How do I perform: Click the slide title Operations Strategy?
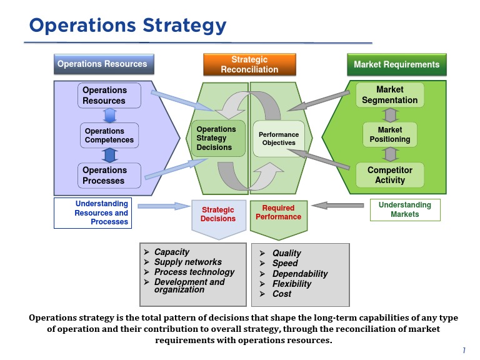(127, 26)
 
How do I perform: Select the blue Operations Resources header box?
(102, 64)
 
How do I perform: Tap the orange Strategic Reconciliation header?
(249, 64)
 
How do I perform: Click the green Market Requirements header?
(396, 64)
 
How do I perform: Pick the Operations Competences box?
(109, 136)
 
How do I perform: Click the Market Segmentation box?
(389, 95)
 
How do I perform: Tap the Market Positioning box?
(389, 135)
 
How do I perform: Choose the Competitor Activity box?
(389, 175)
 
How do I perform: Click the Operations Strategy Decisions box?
(217, 138)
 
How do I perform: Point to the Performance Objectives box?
(279, 139)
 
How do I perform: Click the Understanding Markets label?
(404, 209)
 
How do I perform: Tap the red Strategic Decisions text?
(218, 214)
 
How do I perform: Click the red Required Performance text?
(278, 212)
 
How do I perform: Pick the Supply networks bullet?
(187, 262)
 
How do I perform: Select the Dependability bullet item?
(299, 274)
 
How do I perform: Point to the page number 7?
(464, 350)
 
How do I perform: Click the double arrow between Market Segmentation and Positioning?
(390, 115)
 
